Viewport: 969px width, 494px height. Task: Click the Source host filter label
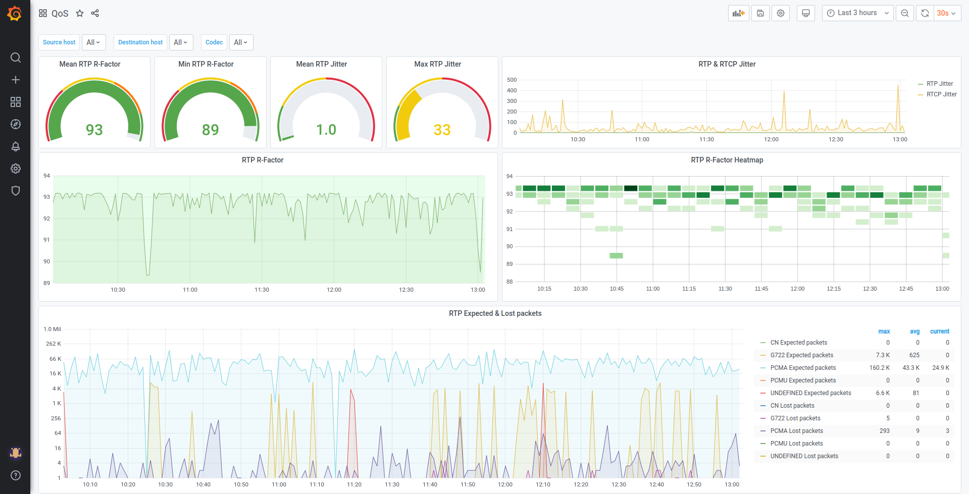click(59, 42)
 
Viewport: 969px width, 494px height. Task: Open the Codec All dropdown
click(241, 42)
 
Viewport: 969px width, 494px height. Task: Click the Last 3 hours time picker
click(857, 13)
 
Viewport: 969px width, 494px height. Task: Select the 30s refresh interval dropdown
click(946, 13)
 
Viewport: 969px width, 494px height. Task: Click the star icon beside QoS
click(80, 13)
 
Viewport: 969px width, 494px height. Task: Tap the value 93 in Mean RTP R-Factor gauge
click(94, 130)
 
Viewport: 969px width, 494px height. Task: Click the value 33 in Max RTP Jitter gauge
click(442, 130)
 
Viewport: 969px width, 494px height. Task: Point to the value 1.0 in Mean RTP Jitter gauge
click(326, 130)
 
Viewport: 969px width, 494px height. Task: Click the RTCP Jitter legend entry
click(941, 94)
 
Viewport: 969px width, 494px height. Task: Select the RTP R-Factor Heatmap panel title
click(727, 160)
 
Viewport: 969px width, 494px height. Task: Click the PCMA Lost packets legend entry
click(796, 431)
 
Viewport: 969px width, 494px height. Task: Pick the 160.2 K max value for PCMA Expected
click(879, 368)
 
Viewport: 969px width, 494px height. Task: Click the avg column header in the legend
click(914, 332)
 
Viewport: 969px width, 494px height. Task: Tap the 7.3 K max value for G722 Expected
click(883, 355)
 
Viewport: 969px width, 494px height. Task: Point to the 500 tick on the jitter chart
click(512, 80)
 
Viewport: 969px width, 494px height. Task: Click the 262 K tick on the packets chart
click(53, 344)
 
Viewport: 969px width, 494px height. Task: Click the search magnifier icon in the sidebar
click(16, 58)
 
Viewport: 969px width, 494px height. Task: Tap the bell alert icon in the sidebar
click(16, 146)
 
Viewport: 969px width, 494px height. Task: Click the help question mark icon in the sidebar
click(16, 475)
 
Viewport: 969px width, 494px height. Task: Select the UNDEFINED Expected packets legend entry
click(810, 393)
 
